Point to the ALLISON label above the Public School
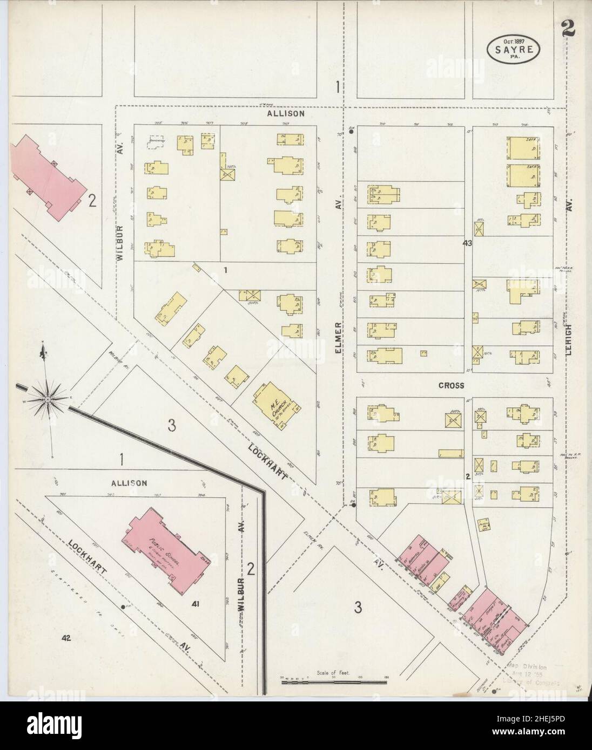[129, 483]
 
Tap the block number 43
[468, 243]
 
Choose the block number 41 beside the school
[195, 605]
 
